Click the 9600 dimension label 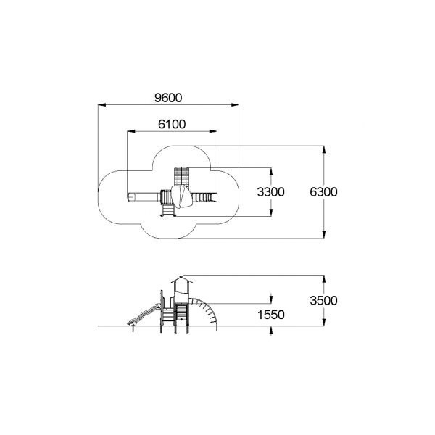[x=168, y=98]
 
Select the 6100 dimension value [x=172, y=124]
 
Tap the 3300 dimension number [x=270, y=192]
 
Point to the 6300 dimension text [x=324, y=192]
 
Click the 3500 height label [x=324, y=300]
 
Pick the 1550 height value [x=271, y=315]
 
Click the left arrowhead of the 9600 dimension [x=101, y=105]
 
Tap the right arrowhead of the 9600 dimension [x=235, y=105]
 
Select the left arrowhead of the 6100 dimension [x=131, y=131]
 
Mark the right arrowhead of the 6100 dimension [x=213, y=131]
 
